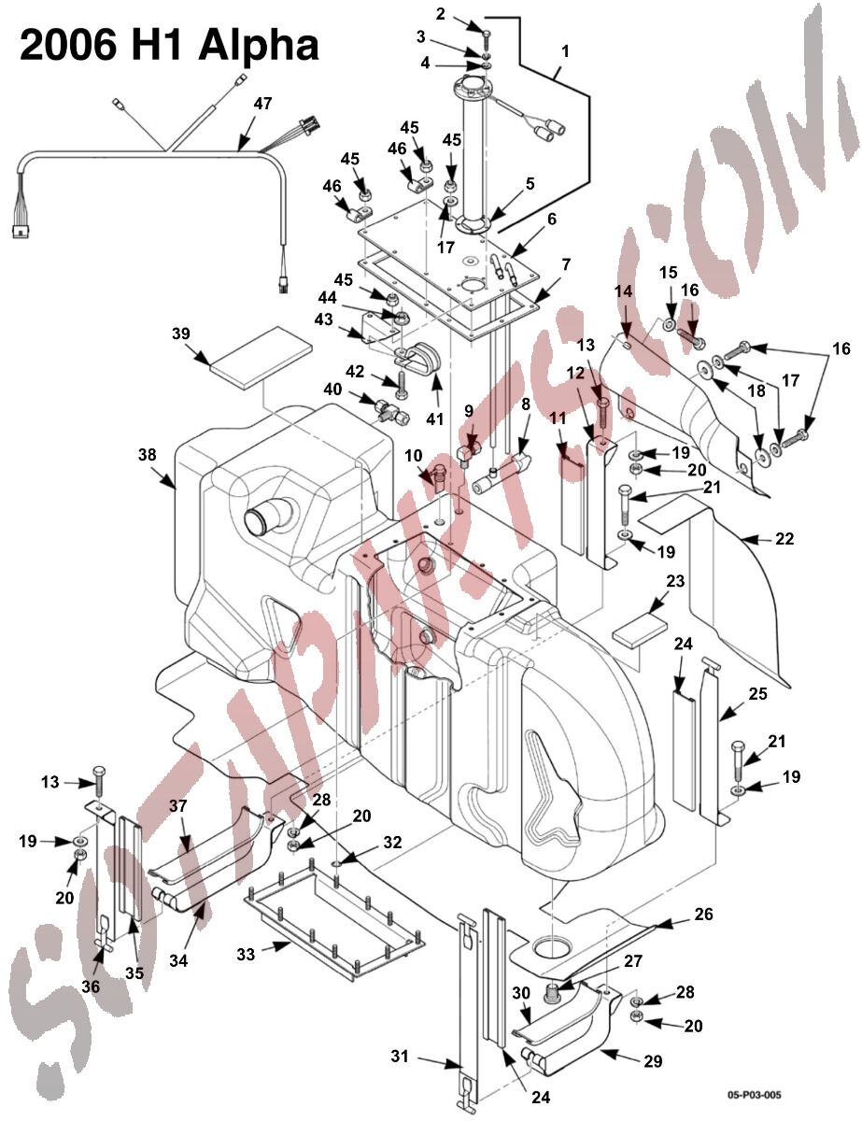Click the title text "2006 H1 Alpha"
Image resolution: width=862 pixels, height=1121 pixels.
click(x=169, y=44)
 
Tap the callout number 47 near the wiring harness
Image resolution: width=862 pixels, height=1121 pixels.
click(x=262, y=104)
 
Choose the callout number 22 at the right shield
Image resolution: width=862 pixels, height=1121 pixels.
click(x=784, y=539)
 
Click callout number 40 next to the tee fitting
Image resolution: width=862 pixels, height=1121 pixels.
click(x=332, y=390)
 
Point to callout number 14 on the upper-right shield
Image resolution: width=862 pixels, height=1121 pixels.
click(x=624, y=291)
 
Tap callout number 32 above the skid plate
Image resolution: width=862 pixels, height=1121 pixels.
click(x=392, y=842)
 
